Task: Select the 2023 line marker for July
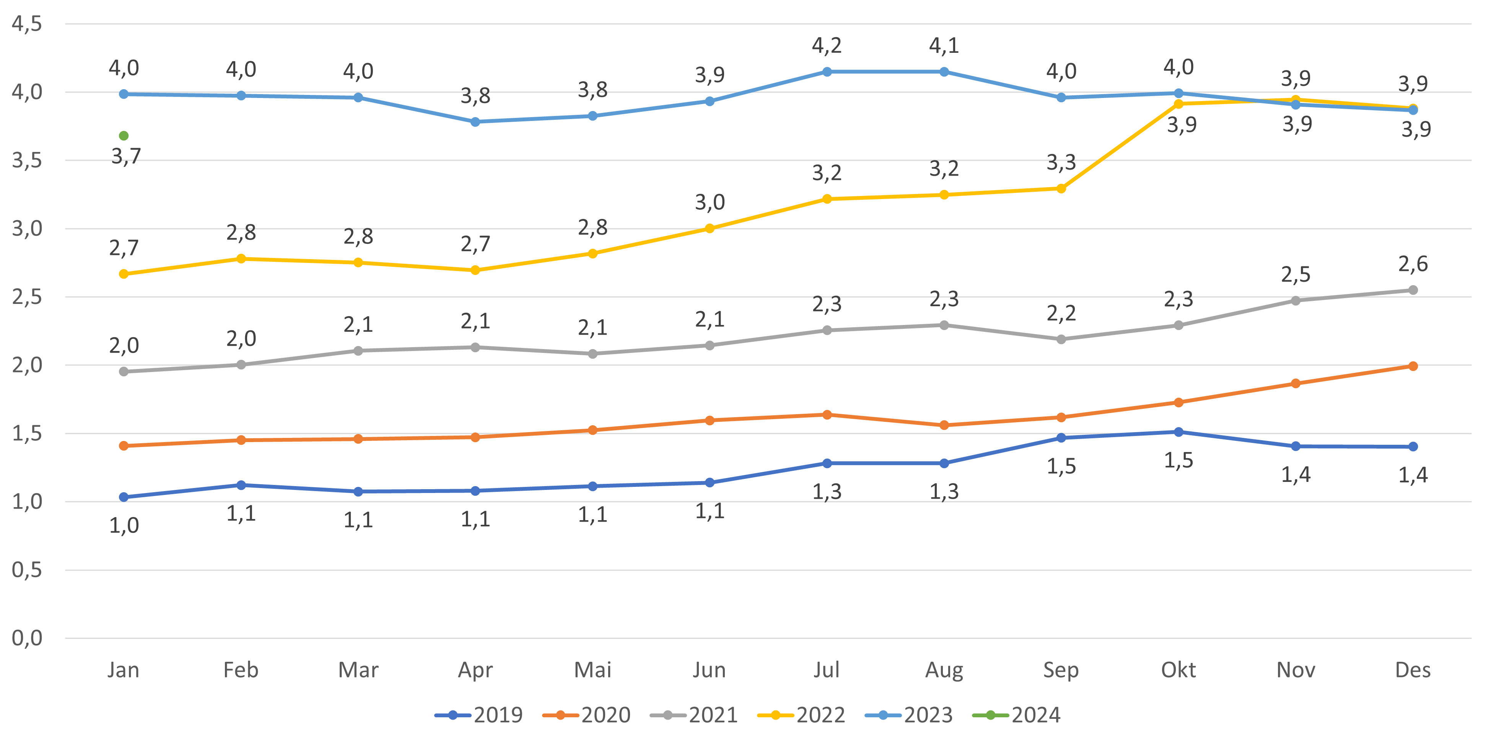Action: pyautogui.click(x=827, y=72)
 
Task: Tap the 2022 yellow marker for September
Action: pyautogui.click(x=1061, y=189)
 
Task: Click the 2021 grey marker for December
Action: pyautogui.click(x=1413, y=290)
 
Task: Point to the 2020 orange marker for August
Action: pyautogui.click(x=944, y=425)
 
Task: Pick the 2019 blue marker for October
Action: pyautogui.click(x=1178, y=432)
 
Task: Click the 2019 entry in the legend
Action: pyautogui.click(x=479, y=715)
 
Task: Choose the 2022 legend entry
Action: pyautogui.click(x=802, y=715)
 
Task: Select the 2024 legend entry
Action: pyautogui.click(x=1017, y=715)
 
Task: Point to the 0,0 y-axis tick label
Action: pyautogui.click(x=27, y=638)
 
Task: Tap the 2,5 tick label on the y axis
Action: pyautogui.click(x=27, y=297)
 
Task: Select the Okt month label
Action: pyautogui.click(x=1178, y=670)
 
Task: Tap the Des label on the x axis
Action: pyautogui.click(x=1413, y=670)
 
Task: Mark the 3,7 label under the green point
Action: pyautogui.click(x=125, y=156)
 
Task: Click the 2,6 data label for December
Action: pyautogui.click(x=1413, y=264)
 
